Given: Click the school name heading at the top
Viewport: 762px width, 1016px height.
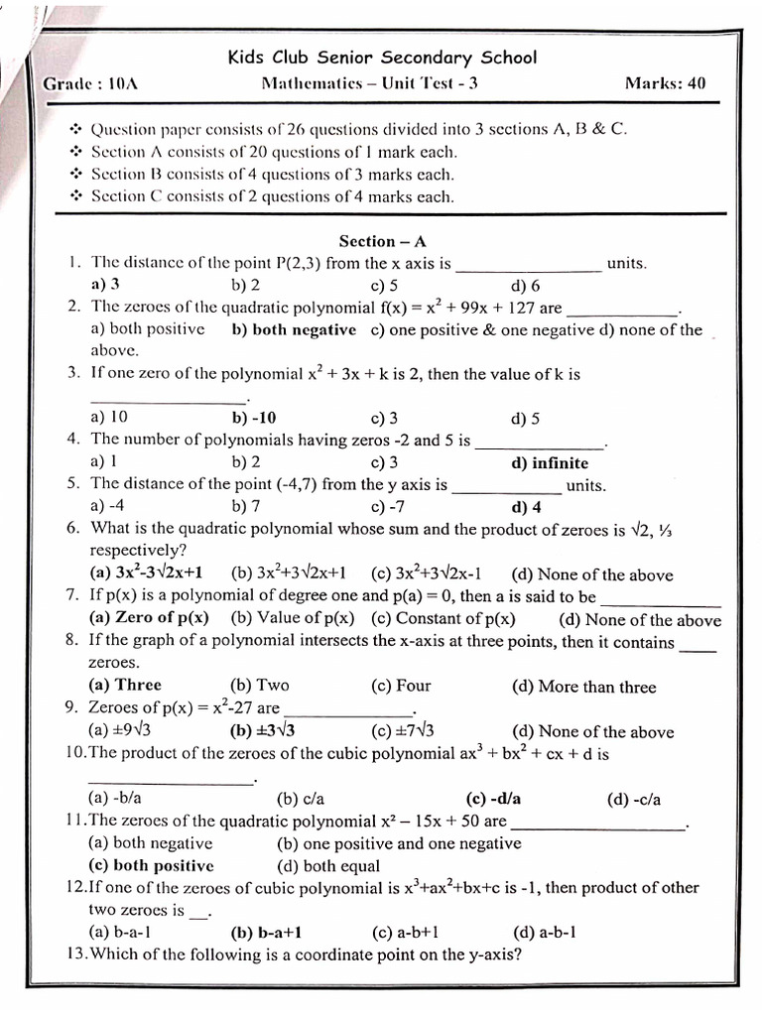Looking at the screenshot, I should (382, 57).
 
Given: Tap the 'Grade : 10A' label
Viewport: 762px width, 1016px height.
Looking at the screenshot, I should (90, 83).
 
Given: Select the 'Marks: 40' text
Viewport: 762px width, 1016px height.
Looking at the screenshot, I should (665, 83).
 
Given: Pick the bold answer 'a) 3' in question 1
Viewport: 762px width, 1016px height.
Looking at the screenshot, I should (105, 285).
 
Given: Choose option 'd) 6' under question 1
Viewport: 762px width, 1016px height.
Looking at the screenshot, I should (526, 286).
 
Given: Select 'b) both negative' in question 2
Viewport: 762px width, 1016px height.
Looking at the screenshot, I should (293, 329).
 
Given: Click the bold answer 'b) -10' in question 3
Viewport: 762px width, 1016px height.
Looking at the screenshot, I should (254, 418).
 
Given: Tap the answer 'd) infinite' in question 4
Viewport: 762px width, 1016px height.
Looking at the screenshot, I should (550, 462).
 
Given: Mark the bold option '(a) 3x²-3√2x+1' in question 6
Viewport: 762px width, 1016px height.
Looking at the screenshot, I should (146, 573).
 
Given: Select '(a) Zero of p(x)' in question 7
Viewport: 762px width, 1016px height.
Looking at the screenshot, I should (149, 618).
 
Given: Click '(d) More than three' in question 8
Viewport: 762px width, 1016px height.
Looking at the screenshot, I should (583, 686).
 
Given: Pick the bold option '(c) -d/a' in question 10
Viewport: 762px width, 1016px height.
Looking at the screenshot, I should (493, 799).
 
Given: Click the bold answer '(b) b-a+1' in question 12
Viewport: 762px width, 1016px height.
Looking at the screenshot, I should (266, 932).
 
